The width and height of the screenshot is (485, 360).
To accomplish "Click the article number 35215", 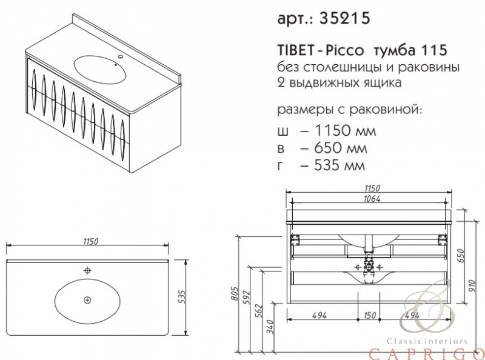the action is pos(344,18).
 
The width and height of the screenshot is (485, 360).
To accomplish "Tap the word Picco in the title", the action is pos(344,50).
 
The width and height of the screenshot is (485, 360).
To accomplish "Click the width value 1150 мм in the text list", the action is pos(345,130).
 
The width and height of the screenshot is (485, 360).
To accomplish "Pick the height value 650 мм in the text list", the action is pos(341,148).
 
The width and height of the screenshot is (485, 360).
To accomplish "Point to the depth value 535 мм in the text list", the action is pos(339,165).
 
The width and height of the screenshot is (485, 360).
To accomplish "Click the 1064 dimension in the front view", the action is pos(372,199).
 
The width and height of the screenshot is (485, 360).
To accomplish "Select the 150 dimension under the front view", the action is pos(370,315).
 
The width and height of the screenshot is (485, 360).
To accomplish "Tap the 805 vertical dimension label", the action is pos(235,293).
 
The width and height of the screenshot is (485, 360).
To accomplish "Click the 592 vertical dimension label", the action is pos(247,297).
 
